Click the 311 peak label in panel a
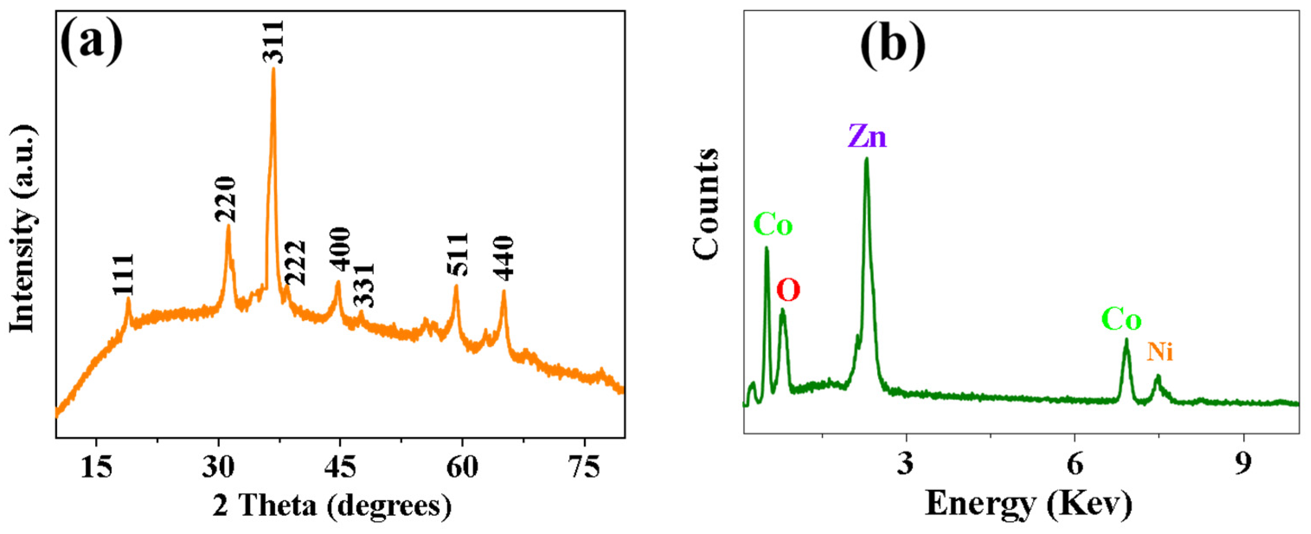[273, 42]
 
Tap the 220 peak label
[225, 199]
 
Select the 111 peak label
[124, 275]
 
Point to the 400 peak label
[340, 249]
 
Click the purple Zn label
[867, 137]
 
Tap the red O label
[789, 291]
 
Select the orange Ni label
[1160, 352]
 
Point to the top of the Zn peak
[866, 159]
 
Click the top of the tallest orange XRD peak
[273, 69]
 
